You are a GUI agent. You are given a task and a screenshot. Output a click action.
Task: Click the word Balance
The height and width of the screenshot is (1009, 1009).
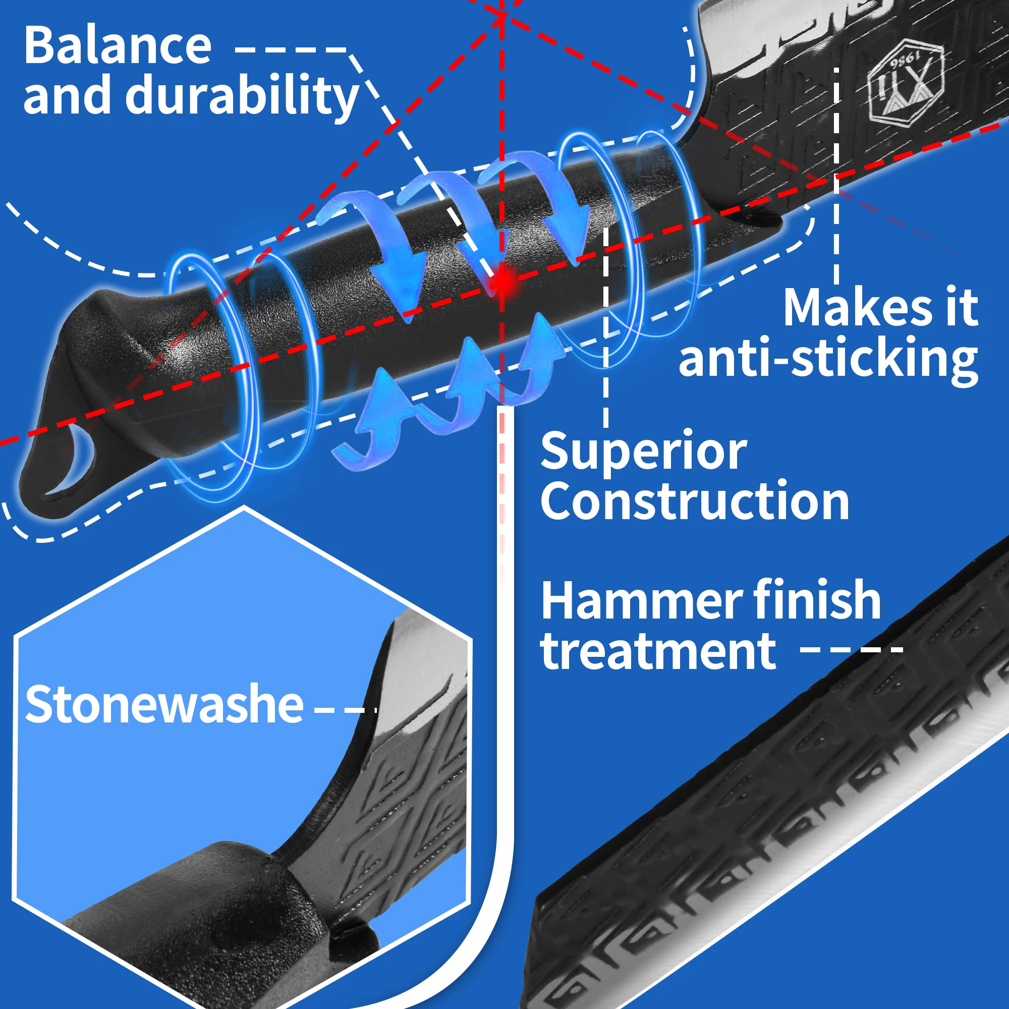pos(118,46)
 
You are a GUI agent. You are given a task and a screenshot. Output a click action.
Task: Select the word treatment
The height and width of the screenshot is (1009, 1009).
pos(658,651)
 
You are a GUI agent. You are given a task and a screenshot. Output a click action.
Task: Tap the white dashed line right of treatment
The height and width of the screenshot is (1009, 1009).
pos(851,650)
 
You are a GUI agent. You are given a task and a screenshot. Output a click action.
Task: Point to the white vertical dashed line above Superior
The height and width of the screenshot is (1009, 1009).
pos(605,324)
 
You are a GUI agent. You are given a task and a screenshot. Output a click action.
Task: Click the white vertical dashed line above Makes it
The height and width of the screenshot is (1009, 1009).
pos(836,173)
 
